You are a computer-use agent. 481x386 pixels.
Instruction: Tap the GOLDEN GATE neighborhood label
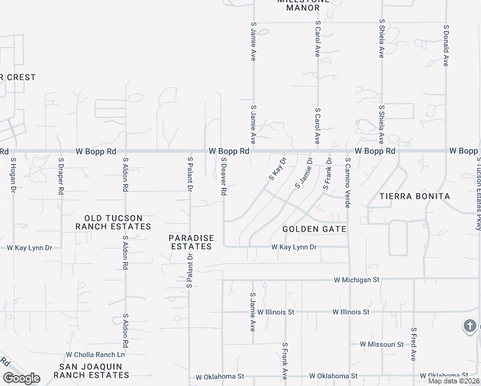(314, 229)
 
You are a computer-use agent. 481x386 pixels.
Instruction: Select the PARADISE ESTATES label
(190, 242)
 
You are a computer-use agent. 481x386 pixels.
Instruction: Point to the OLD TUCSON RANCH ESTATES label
(113, 223)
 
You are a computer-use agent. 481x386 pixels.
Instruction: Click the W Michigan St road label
(358, 280)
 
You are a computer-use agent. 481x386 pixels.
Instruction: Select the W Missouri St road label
(381, 344)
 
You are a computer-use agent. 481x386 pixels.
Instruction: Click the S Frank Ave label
(284, 360)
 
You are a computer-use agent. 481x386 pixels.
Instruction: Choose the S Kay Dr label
(277, 169)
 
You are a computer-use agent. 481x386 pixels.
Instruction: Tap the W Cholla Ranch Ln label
(95, 355)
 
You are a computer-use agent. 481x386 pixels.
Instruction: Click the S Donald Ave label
(446, 46)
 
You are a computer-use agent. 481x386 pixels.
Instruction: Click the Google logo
(21, 378)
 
